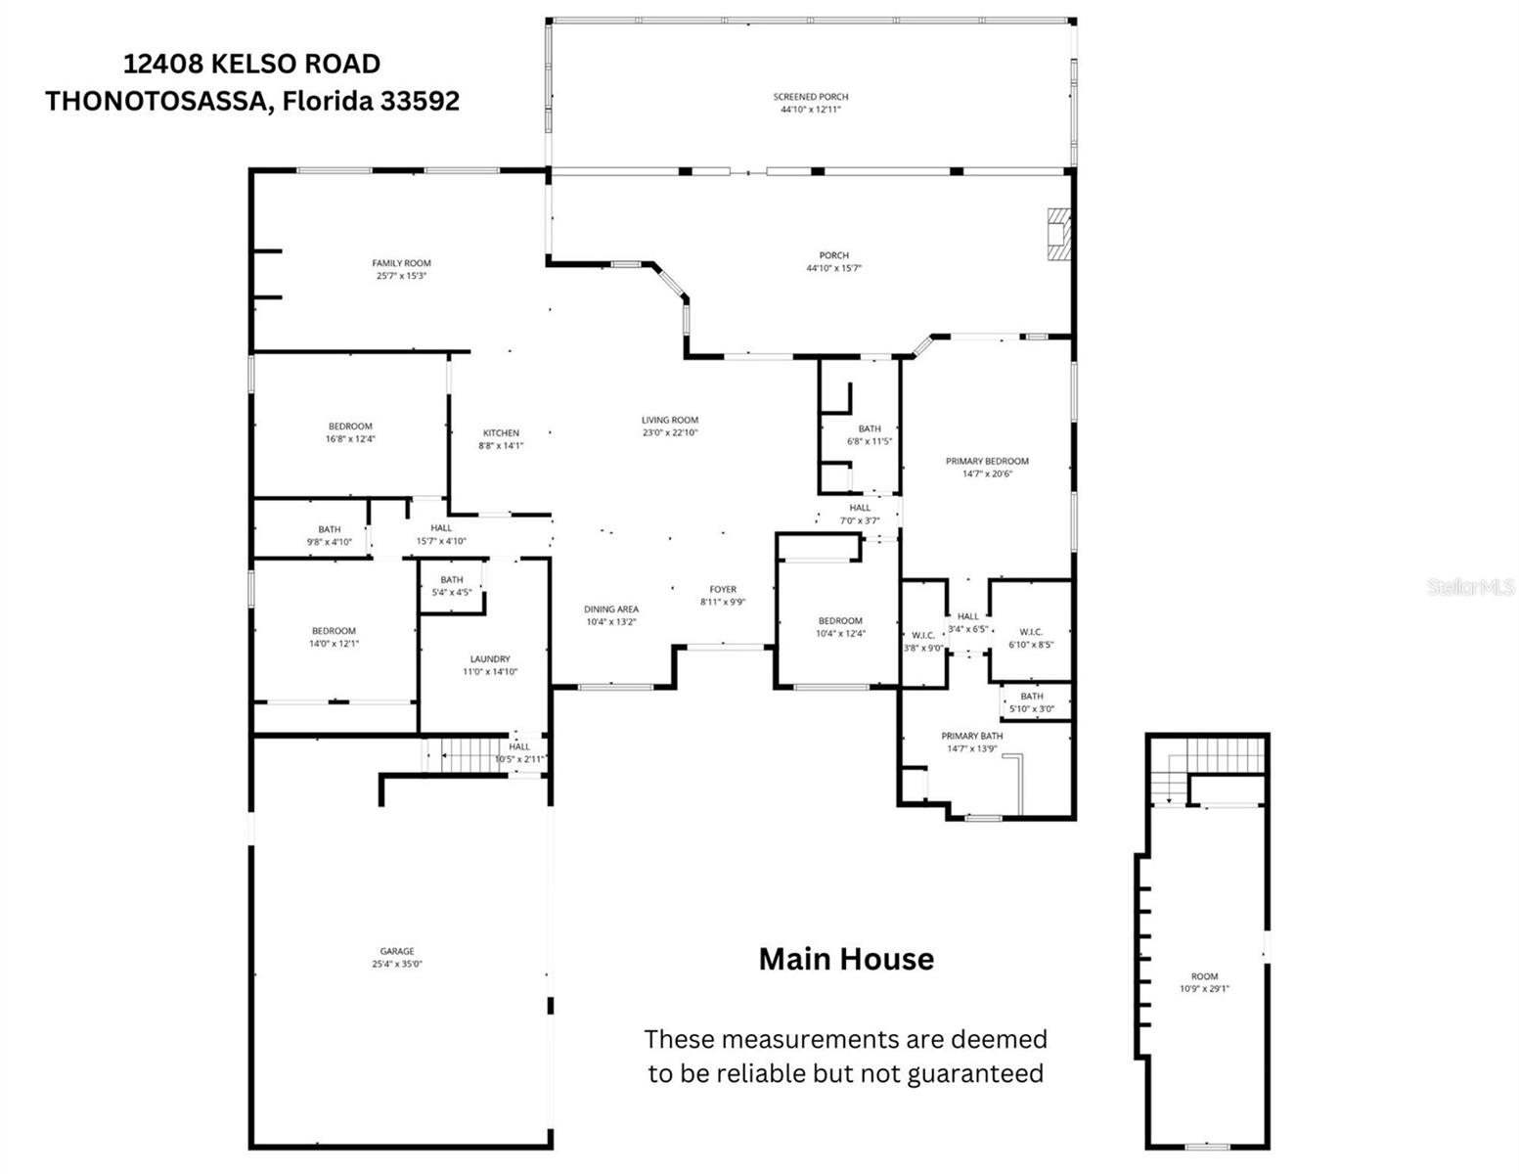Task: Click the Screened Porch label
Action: pos(810,97)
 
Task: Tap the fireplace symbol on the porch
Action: pos(1058,234)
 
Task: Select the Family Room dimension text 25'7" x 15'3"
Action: pos(401,276)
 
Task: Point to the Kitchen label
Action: pos(501,433)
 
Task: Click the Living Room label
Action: pos(670,421)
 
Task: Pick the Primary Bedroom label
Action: pos(987,461)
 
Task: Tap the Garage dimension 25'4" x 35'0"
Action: pos(397,964)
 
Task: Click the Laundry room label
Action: pos(489,659)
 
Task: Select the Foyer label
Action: pos(723,589)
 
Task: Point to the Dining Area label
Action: pos(611,609)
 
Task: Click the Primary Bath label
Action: pos(971,736)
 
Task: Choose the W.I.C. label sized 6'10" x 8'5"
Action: pos(1031,632)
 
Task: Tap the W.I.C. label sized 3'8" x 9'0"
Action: pos(923,635)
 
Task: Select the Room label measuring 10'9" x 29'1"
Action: pos(1204,976)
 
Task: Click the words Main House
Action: pos(846,959)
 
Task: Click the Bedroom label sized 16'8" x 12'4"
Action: pos(350,427)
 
